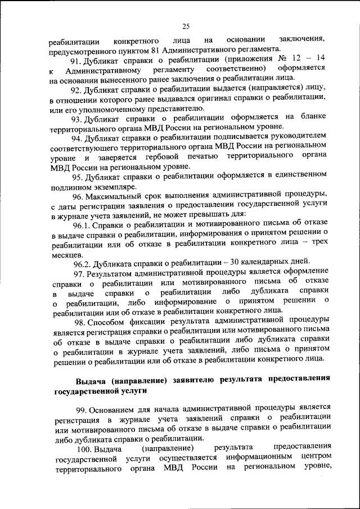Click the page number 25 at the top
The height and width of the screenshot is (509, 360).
pos(186,25)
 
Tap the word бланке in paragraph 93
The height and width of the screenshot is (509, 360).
pos(313,118)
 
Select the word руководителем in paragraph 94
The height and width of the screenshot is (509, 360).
pos(294,137)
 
